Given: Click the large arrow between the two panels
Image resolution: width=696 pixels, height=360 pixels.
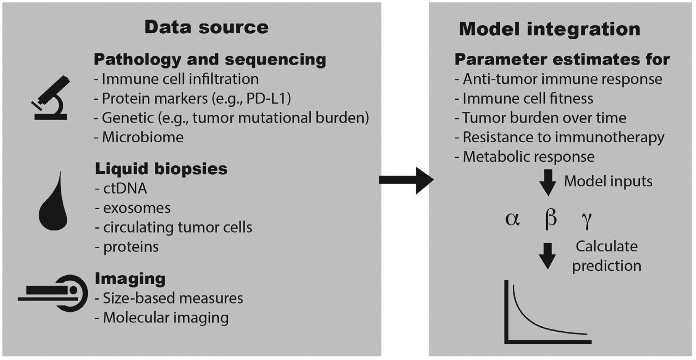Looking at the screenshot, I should pos(406,180).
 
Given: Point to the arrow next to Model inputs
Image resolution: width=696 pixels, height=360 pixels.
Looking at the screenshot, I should pos(548,182).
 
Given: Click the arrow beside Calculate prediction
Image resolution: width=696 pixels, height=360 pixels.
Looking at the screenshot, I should pos(548,255).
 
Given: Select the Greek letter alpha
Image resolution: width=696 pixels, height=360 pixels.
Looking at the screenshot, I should pos(512,219).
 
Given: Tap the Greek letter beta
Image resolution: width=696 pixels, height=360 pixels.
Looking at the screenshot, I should pos(550,218).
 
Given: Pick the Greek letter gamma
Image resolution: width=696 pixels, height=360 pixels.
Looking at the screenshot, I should pos(587,220).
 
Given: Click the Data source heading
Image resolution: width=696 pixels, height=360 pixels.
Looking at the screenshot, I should pos(206,27).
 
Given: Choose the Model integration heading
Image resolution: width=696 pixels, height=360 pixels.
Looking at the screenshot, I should pos(549,29).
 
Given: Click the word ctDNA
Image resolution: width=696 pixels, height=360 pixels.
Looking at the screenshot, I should pos(125,188).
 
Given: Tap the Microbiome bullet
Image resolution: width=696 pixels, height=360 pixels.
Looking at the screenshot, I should pos(142,137).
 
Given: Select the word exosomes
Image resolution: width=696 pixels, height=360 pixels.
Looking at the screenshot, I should pos(136,208).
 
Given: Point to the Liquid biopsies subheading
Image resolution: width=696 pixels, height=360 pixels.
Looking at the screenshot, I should pos(161,169).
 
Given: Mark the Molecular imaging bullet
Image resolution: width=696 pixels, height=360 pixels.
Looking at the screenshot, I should pos(165,317).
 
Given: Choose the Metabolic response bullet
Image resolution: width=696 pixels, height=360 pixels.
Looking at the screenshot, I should pos(528,157).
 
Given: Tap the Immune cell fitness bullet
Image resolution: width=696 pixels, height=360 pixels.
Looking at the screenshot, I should pos(527,99).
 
